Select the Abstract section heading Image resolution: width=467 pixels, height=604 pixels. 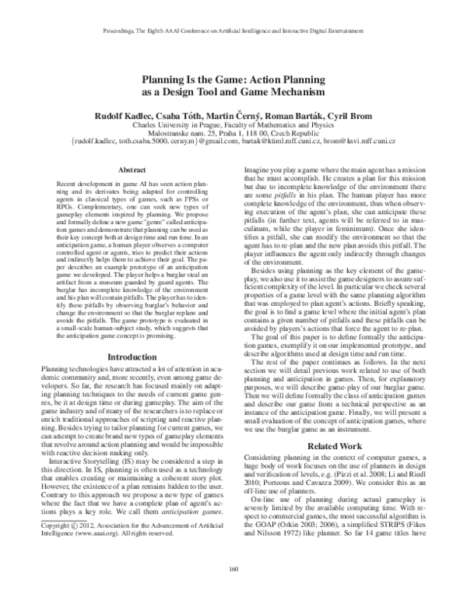coord(125,169)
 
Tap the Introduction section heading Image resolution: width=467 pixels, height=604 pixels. coord(125,356)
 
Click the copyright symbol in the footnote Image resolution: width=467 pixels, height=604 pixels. coord(72,548)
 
